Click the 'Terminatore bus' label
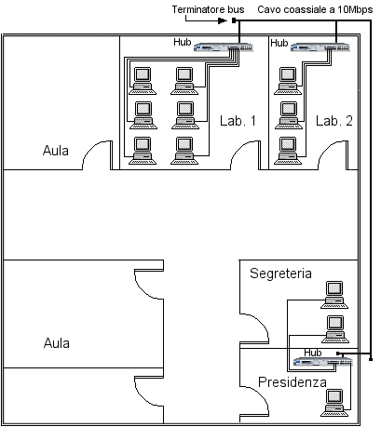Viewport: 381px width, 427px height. pyautogui.click(x=208, y=9)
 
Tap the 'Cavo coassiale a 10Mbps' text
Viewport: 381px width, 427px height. pyautogui.click(x=315, y=9)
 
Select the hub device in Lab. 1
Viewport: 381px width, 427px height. pyautogui.click(x=224, y=47)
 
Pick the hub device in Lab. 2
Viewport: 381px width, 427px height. pyautogui.click(x=320, y=47)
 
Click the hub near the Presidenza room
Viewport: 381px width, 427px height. pyautogui.click(x=323, y=362)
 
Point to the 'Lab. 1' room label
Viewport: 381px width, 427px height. pyautogui.click(x=238, y=121)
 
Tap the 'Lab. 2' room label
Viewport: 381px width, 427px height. pyautogui.click(x=334, y=121)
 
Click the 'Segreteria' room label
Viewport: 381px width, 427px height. pyautogui.click(x=280, y=274)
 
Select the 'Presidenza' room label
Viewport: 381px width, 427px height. pyautogui.click(x=293, y=382)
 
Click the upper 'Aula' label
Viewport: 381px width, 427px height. pyautogui.click(x=56, y=151)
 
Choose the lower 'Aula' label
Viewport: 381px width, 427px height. pyautogui.click(x=57, y=343)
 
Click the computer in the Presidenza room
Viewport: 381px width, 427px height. pyautogui.click(x=334, y=403)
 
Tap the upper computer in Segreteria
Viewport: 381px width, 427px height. pyautogui.click(x=334, y=295)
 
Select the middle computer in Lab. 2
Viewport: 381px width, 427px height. pyautogui.click(x=289, y=115)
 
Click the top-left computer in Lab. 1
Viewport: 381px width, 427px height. pyautogui.click(x=143, y=81)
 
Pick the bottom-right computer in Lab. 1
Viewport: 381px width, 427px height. pyautogui.click(x=184, y=151)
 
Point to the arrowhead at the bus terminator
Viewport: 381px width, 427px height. pyautogui.click(x=223, y=20)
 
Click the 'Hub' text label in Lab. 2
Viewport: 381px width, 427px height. pyautogui.click(x=279, y=43)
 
